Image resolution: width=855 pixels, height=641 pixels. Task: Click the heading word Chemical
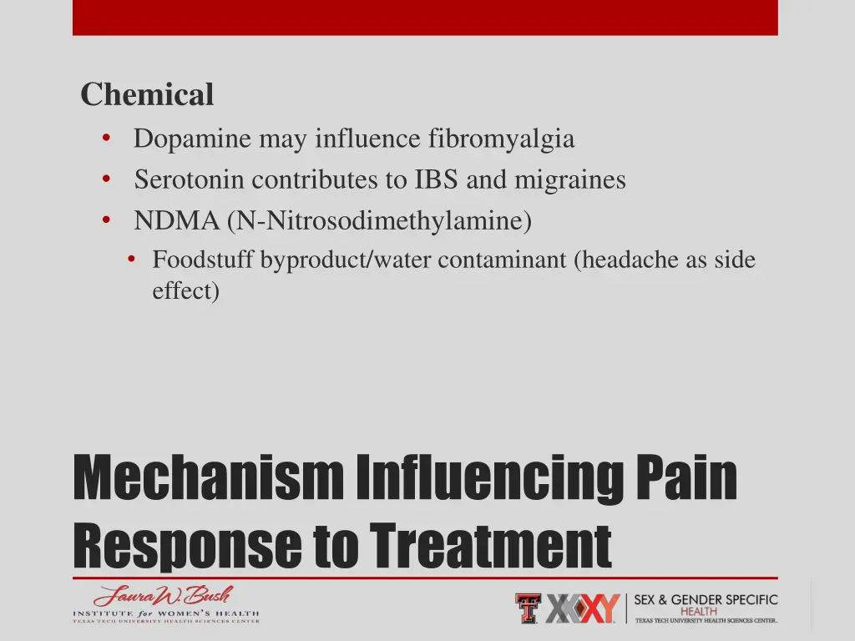coord(147,95)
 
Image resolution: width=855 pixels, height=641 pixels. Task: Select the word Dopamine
coord(192,139)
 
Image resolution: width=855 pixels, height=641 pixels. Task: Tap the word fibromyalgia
coord(501,139)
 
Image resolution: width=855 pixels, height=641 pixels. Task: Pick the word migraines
coord(569,179)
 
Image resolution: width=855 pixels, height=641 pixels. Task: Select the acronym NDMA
coord(176,221)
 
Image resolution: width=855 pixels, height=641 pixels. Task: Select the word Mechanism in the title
coord(208,479)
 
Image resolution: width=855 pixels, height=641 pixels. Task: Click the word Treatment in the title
coord(491,544)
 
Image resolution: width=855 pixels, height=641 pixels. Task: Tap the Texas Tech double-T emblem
coord(528,608)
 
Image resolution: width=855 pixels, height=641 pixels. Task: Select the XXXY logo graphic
coord(583,608)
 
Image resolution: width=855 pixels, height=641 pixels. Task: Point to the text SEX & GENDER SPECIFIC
coord(706,600)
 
